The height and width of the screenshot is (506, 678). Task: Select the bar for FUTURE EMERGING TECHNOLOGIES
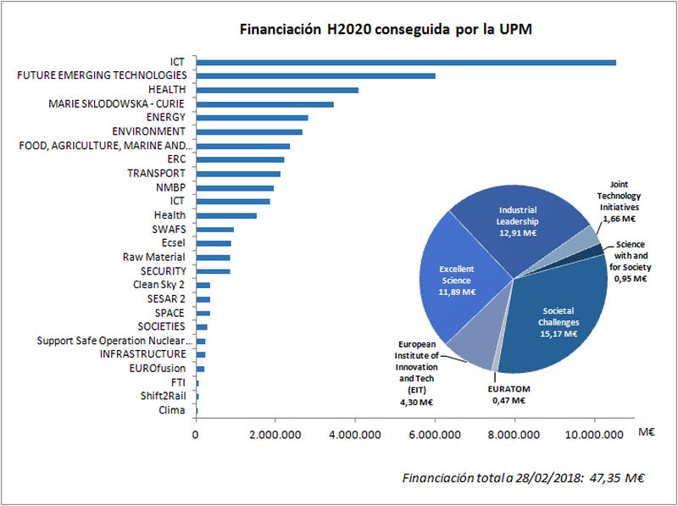[315, 75]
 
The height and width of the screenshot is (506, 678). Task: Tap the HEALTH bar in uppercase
[277, 90]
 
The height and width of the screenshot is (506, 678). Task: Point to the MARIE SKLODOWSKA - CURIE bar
[264, 103]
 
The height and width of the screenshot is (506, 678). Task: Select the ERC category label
[177, 158]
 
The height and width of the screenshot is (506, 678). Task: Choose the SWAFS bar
[215, 229]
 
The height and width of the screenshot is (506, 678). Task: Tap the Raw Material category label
[154, 257]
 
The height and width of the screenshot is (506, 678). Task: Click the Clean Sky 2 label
[159, 285]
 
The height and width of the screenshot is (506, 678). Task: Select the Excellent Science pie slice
[458, 280]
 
